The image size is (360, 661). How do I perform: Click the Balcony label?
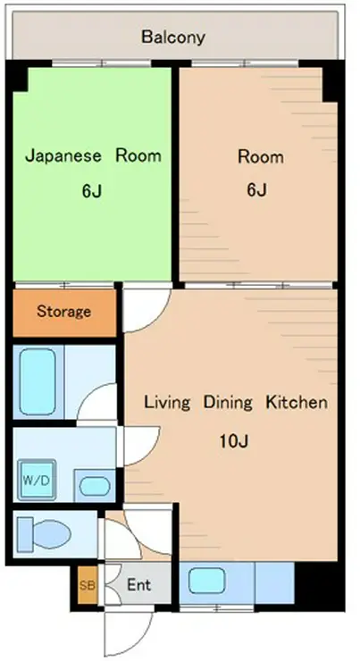tap(173, 38)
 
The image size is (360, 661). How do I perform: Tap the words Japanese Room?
tap(93, 155)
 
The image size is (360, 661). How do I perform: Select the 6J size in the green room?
tap(91, 191)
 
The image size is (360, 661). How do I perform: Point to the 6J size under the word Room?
tap(256, 190)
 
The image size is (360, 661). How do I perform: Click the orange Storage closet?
tap(64, 313)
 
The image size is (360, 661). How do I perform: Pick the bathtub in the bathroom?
tap(38, 381)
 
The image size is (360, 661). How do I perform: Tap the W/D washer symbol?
tap(38, 481)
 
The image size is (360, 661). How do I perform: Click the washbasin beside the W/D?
tap(95, 486)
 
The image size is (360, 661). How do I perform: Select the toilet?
tap(44, 533)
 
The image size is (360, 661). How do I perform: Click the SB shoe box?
tap(88, 585)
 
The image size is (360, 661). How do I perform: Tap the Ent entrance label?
tap(138, 585)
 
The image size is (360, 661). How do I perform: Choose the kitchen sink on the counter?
tap(206, 581)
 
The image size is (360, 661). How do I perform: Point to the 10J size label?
tap(233, 441)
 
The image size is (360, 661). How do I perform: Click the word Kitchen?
tap(297, 402)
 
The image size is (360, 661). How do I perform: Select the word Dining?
tap(228, 403)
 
